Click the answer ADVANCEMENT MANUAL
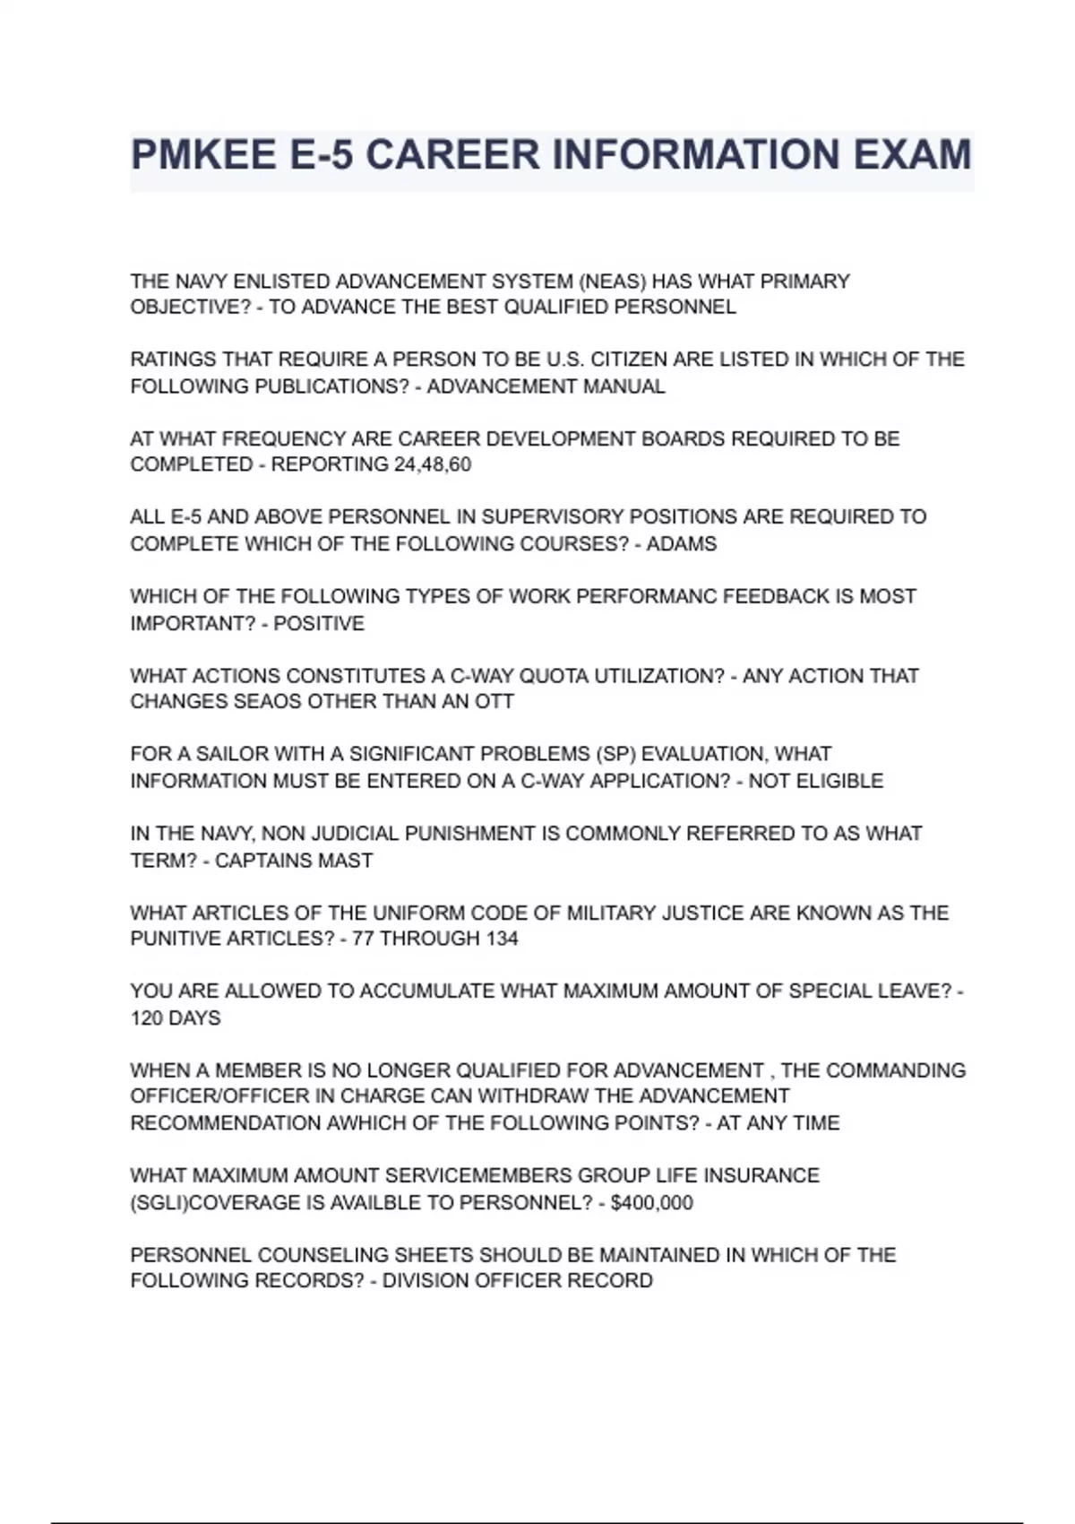pos(546,386)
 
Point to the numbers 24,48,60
pos(432,464)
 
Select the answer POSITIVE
pos(319,623)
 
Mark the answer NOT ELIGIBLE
pos(815,781)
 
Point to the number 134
pos(501,939)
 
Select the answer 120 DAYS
pos(176,1017)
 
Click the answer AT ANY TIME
pos(778,1122)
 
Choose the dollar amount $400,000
pos(651,1202)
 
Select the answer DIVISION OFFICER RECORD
pos(518,1280)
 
